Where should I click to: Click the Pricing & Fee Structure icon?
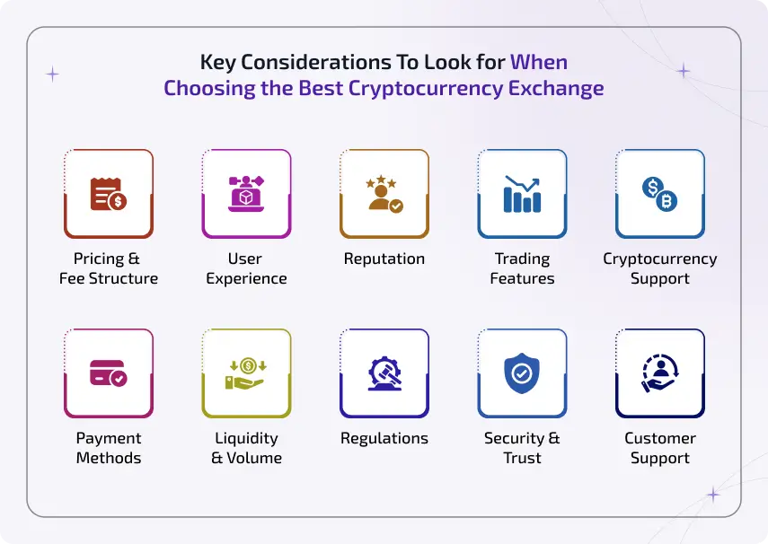coord(109,194)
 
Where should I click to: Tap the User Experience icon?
coord(246,194)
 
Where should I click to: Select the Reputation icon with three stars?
coord(384,194)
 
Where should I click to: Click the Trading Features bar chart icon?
coord(522,194)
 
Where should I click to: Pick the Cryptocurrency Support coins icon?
coord(659,194)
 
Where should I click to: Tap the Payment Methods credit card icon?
coord(109,373)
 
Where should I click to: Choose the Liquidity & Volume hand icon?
coord(246,373)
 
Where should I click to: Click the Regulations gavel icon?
coord(384,373)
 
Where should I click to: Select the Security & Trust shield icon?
coord(522,373)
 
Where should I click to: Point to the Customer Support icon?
coord(659,373)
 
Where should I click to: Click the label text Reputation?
coord(384,259)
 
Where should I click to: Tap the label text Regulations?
coord(384,438)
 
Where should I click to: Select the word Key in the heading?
coord(217,63)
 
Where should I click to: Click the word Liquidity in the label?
coord(246,438)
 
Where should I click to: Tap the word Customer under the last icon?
coord(660,438)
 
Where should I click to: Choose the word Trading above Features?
coord(522,259)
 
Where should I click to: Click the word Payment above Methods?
coord(109,438)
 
